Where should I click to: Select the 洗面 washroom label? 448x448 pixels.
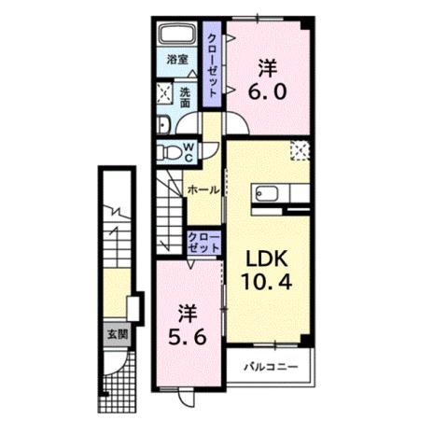click(x=185, y=96)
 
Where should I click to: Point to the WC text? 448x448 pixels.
click(x=188, y=150)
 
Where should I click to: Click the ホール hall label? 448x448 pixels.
click(x=203, y=189)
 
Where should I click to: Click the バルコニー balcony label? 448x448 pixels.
click(x=271, y=367)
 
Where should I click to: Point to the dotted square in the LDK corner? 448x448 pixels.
click(x=300, y=147)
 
